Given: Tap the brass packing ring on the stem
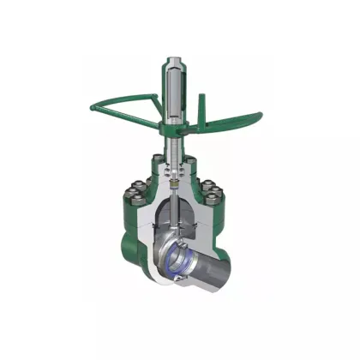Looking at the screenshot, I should [174, 182].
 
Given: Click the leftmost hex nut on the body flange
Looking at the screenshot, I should [138, 189].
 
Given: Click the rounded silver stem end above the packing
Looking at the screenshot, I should [174, 171].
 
